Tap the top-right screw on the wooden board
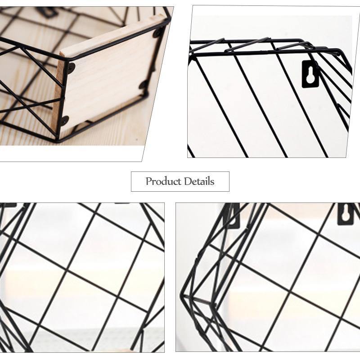point(157,32)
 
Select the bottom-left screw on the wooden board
point(65,120)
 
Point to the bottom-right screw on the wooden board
point(143,85)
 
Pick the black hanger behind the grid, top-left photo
point(47,11)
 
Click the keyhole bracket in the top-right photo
point(310,74)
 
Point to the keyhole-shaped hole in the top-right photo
point(310,75)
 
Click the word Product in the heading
point(162,182)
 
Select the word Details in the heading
point(198,182)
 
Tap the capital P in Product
point(149,182)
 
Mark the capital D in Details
point(185,182)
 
